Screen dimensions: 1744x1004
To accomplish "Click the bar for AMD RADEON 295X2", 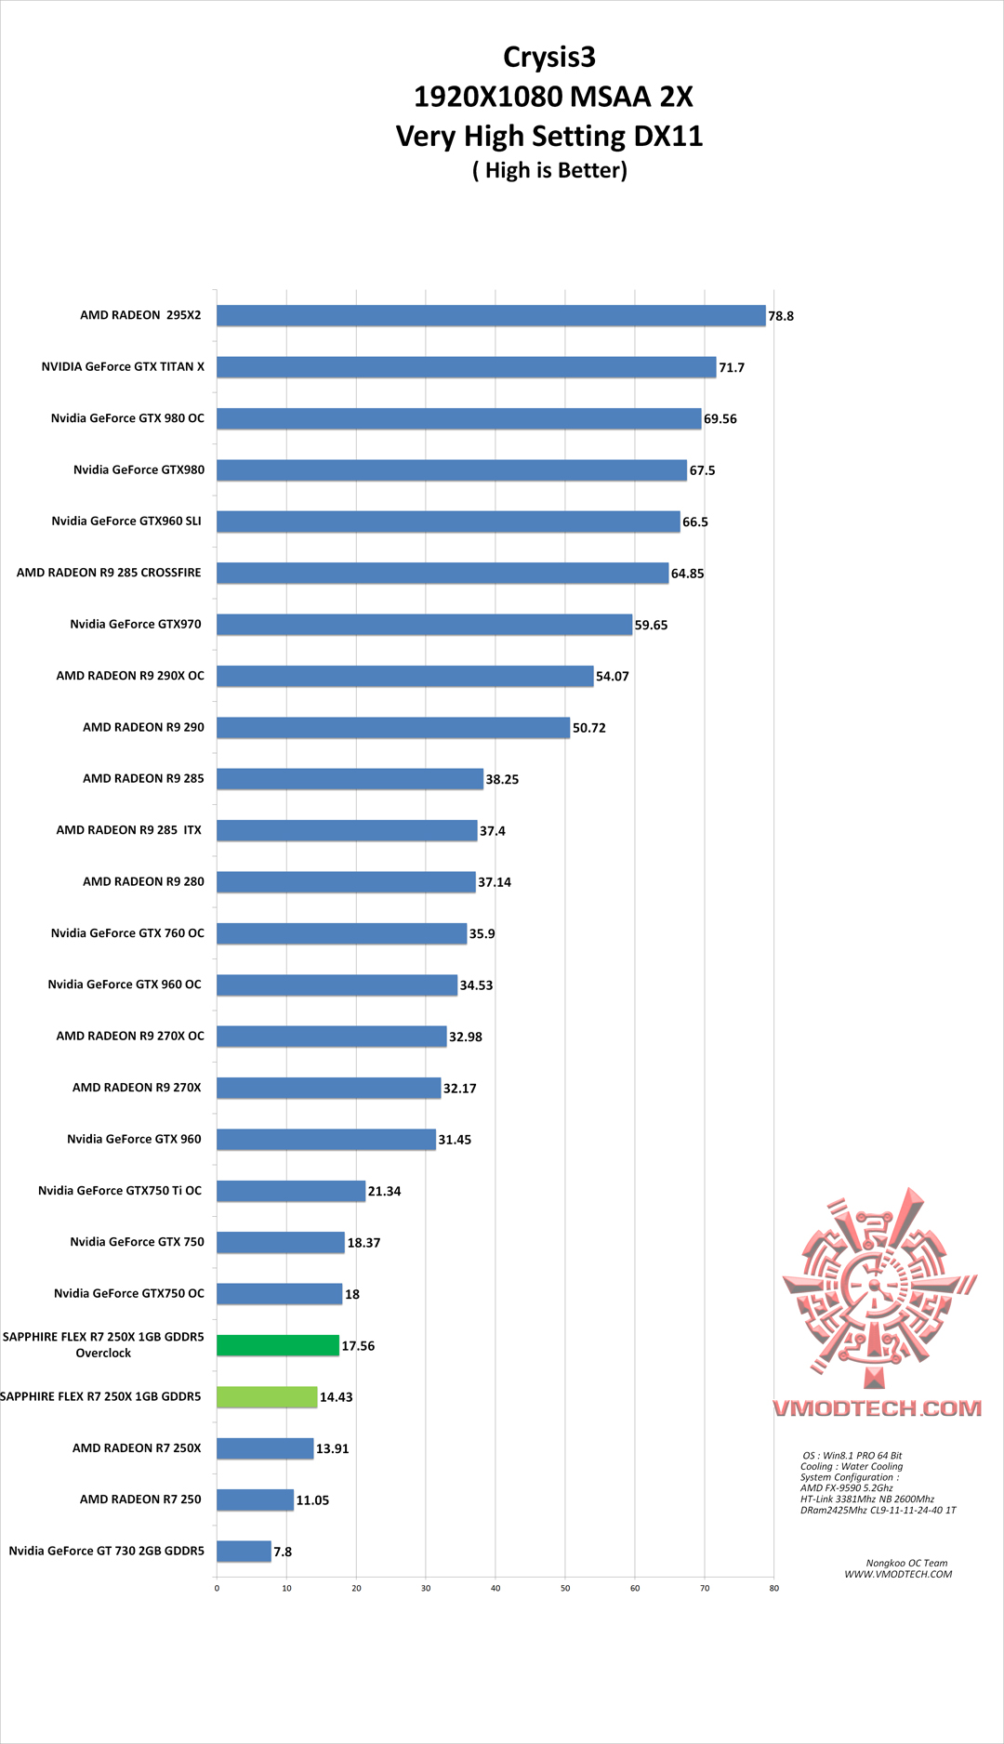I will (x=491, y=316).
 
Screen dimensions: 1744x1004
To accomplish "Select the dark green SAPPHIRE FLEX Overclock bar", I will (x=278, y=1345).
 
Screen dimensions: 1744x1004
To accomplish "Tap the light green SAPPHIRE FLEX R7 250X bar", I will (x=267, y=1396).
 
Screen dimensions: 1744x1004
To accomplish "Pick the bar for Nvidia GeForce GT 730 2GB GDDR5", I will (x=244, y=1551).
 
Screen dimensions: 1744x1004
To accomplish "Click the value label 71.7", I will (x=732, y=368).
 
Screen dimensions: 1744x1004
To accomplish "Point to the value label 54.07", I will (x=613, y=677).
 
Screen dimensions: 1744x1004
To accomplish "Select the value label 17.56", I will (x=358, y=1346).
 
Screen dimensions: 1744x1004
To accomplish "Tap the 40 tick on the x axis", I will (x=495, y=1588).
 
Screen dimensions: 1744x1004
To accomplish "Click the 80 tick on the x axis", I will (x=773, y=1588).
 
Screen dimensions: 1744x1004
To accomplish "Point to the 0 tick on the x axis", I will (x=217, y=1588).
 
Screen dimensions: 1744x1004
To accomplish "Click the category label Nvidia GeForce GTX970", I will (x=136, y=624).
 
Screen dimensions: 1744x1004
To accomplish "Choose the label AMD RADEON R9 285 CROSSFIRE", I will (x=109, y=573).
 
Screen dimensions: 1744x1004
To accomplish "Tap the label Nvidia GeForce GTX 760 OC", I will (x=127, y=932).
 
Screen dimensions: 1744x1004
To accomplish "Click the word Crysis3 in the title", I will (x=549, y=58).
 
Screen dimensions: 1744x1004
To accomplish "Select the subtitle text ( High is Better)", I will (x=549, y=171).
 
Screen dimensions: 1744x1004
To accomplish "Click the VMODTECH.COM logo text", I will (x=877, y=1408).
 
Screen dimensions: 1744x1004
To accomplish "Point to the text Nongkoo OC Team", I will (x=906, y=1563).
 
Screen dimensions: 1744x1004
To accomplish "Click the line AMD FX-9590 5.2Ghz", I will (x=846, y=1487).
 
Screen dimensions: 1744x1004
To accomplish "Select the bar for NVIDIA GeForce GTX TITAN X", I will (x=466, y=367).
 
